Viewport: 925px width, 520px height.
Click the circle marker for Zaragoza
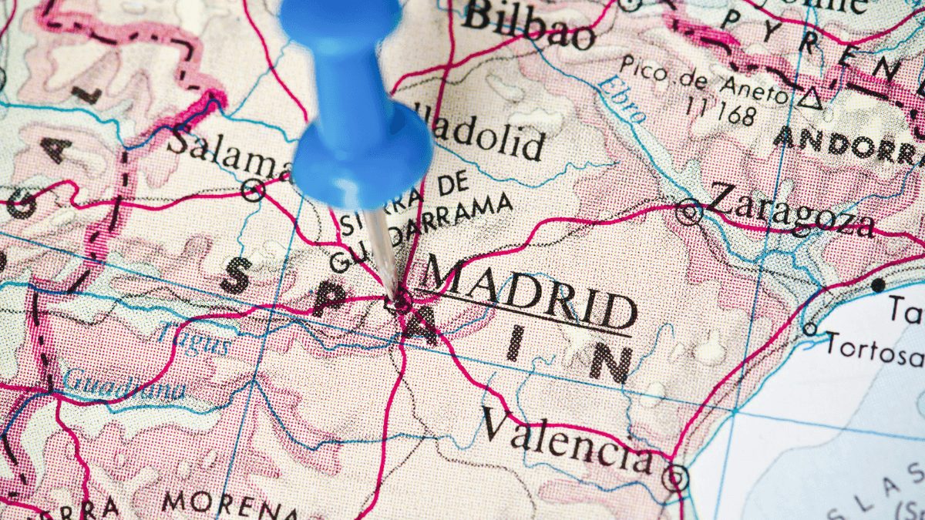tap(688, 210)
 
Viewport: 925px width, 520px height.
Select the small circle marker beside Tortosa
tap(809, 329)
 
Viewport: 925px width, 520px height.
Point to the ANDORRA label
tap(848, 144)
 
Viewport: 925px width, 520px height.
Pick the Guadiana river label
tap(123, 384)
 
